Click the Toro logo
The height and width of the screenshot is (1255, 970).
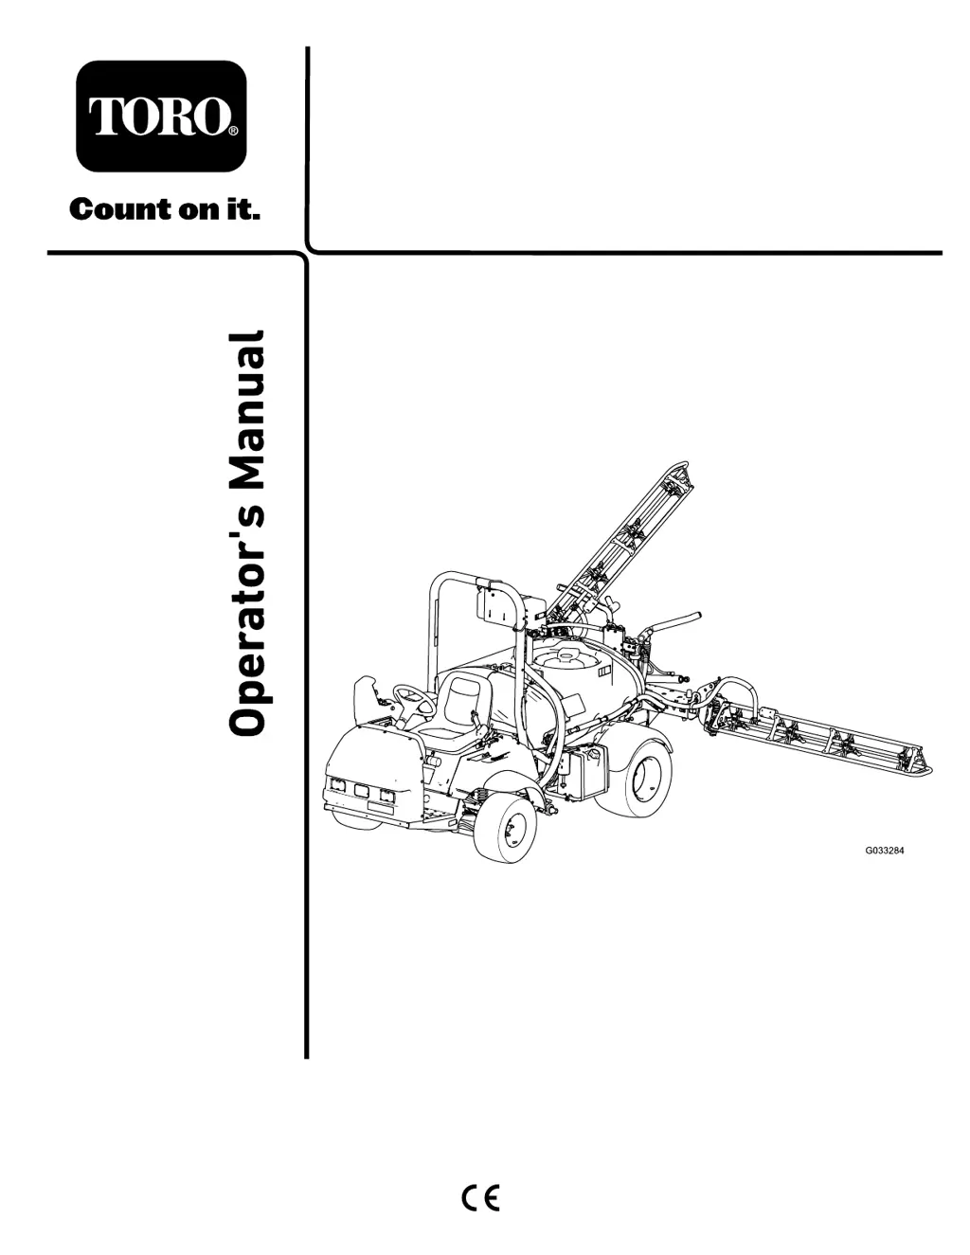coord(161,116)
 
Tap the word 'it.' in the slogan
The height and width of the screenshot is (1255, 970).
coord(242,210)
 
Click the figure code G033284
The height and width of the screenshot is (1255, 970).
coord(885,851)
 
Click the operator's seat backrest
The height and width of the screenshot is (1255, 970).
coord(463,699)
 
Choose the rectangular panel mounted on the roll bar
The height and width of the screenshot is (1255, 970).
coord(492,604)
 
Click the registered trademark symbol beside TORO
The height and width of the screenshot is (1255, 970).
coord(232,132)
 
